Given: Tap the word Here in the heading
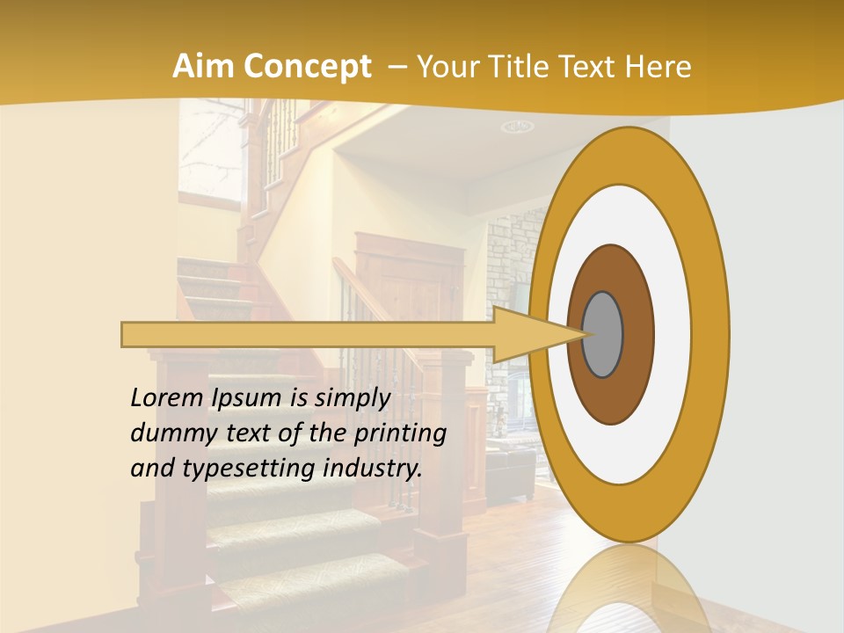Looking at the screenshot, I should [658, 67].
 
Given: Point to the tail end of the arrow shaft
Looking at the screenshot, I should [127, 334].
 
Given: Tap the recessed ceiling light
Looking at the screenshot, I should [518, 127].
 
